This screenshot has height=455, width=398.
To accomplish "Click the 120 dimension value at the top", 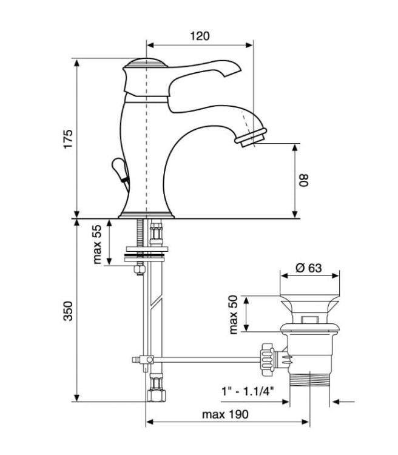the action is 200,36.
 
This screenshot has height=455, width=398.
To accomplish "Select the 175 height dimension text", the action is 68,139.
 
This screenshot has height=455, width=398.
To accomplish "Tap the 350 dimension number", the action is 68,311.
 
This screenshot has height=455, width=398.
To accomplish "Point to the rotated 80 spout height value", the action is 303,180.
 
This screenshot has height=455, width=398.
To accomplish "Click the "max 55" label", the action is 98,244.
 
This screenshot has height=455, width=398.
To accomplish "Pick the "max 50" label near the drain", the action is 234,314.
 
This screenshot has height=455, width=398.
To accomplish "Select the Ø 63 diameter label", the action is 309,268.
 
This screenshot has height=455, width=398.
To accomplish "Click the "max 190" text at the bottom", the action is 225,414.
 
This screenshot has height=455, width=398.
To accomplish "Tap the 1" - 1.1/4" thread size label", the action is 248,392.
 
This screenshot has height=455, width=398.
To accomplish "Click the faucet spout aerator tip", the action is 251,137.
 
